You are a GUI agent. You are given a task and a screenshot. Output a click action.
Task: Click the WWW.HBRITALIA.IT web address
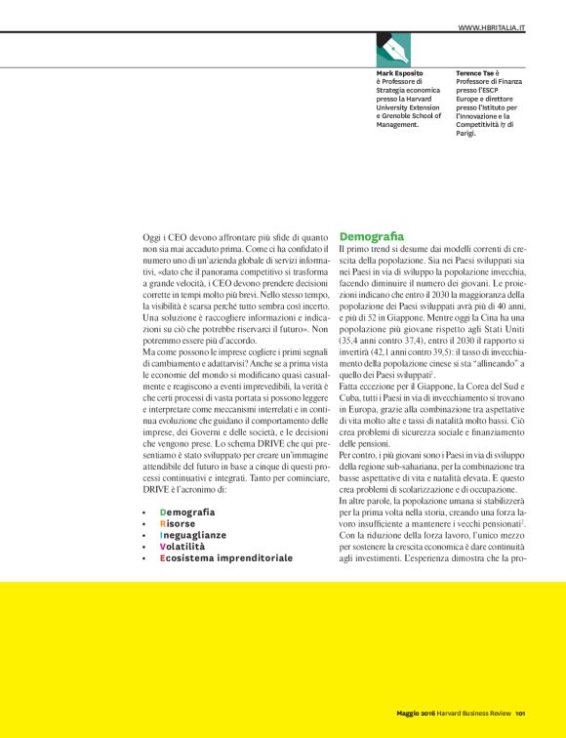point(492,29)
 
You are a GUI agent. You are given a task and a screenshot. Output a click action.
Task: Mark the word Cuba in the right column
point(351,400)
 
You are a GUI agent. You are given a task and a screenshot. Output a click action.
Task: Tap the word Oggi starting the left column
point(152,237)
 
